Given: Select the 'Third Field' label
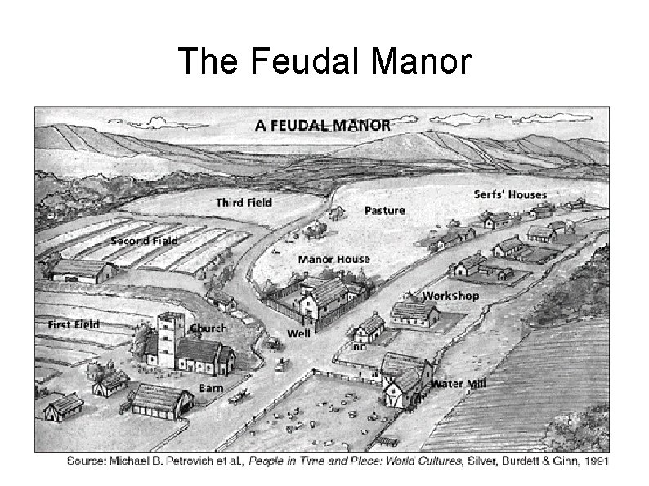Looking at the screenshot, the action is pos(244,201).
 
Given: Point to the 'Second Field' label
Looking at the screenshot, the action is pos(144,241).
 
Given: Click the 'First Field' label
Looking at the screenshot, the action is pos(74,324).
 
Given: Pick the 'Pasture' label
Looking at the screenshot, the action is pos(384,210).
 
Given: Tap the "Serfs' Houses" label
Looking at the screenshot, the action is pos(510,194).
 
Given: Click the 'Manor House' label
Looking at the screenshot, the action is pos(333,259).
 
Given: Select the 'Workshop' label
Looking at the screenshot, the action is pos(450,295).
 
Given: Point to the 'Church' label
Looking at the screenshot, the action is pos(208,328).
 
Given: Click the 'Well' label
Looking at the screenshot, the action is pos(298,333).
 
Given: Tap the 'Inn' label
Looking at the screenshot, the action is pos(357,346).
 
